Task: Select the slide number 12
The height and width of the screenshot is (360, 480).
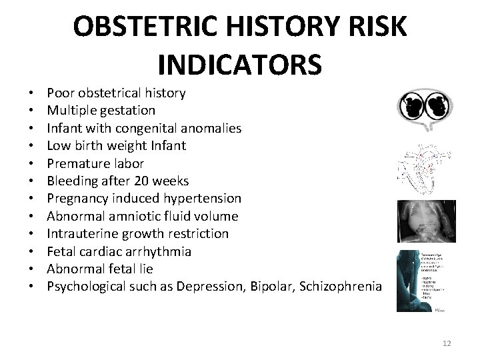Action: [x=447, y=343]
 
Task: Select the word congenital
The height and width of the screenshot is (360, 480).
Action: [x=140, y=127]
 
